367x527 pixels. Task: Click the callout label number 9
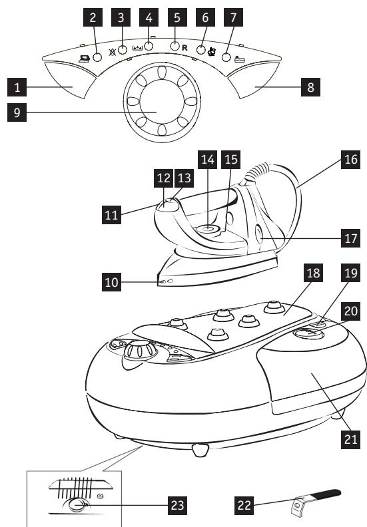[x=17, y=112]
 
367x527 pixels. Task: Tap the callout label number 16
[x=350, y=159]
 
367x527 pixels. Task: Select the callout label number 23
[x=177, y=505]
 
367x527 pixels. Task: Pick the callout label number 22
[x=244, y=505]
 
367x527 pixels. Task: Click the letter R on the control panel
[x=184, y=48]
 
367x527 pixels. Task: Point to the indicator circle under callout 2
[x=97, y=57]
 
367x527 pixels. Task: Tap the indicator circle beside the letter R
[x=175, y=46]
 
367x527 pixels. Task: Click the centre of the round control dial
[x=162, y=102]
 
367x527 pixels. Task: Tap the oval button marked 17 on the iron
[x=258, y=234]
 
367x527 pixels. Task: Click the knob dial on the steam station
[x=140, y=351]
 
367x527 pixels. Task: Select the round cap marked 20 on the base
[x=308, y=334]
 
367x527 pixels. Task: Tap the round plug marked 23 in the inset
[x=77, y=504]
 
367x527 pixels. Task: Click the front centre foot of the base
[x=200, y=450]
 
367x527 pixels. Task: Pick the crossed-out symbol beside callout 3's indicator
[x=113, y=52]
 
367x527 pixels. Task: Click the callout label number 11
[x=111, y=214]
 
